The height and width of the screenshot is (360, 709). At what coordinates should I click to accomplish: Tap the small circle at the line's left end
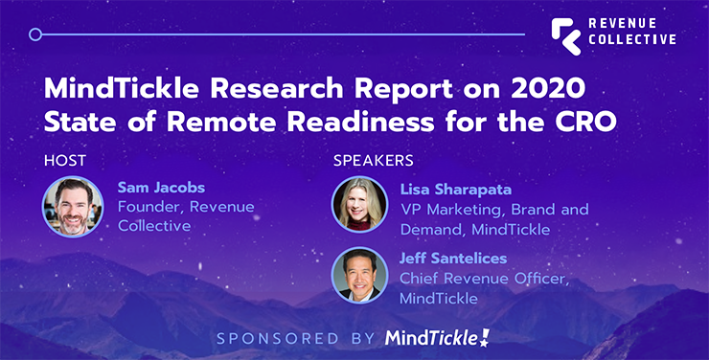(x=35, y=34)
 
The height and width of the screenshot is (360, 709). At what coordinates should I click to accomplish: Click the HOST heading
(x=64, y=159)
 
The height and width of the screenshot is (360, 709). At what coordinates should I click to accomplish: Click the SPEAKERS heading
(x=373, y=159)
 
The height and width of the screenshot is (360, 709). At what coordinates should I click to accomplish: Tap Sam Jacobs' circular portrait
(x=73, y=206)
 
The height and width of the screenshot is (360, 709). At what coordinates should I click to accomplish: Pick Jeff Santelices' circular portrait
(x=360, y=276)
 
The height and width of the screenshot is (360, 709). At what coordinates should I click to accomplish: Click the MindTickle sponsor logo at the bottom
(x=439, y=337)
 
